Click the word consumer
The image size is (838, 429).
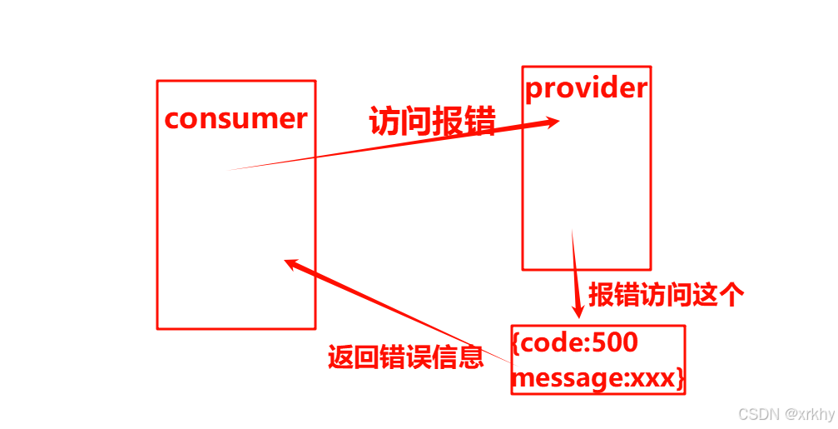click(x=236, y=118)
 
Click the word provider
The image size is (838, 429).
click(x=586, y=87)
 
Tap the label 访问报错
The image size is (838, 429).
click(x=432, y=122)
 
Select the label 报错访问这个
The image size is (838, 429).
click(x=666, y=295)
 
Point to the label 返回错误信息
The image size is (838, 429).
click(x=406, y=357)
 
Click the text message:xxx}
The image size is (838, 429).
click(x=598, y=379)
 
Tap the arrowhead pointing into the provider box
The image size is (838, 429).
click(x=551, y=122)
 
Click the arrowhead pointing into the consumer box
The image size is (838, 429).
click(x=291, y=263)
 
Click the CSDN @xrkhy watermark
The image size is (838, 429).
click(x=786, y=414)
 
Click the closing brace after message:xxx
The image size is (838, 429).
click(x=680, y=380)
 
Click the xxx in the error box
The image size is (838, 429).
click(x=653, y=379)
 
